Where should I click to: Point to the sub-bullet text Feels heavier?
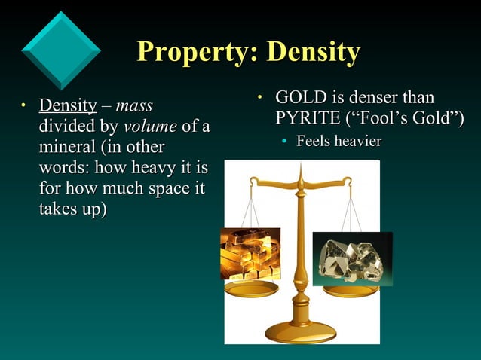[339, 142]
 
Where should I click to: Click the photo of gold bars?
[250, 254]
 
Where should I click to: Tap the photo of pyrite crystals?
[352, 258]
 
